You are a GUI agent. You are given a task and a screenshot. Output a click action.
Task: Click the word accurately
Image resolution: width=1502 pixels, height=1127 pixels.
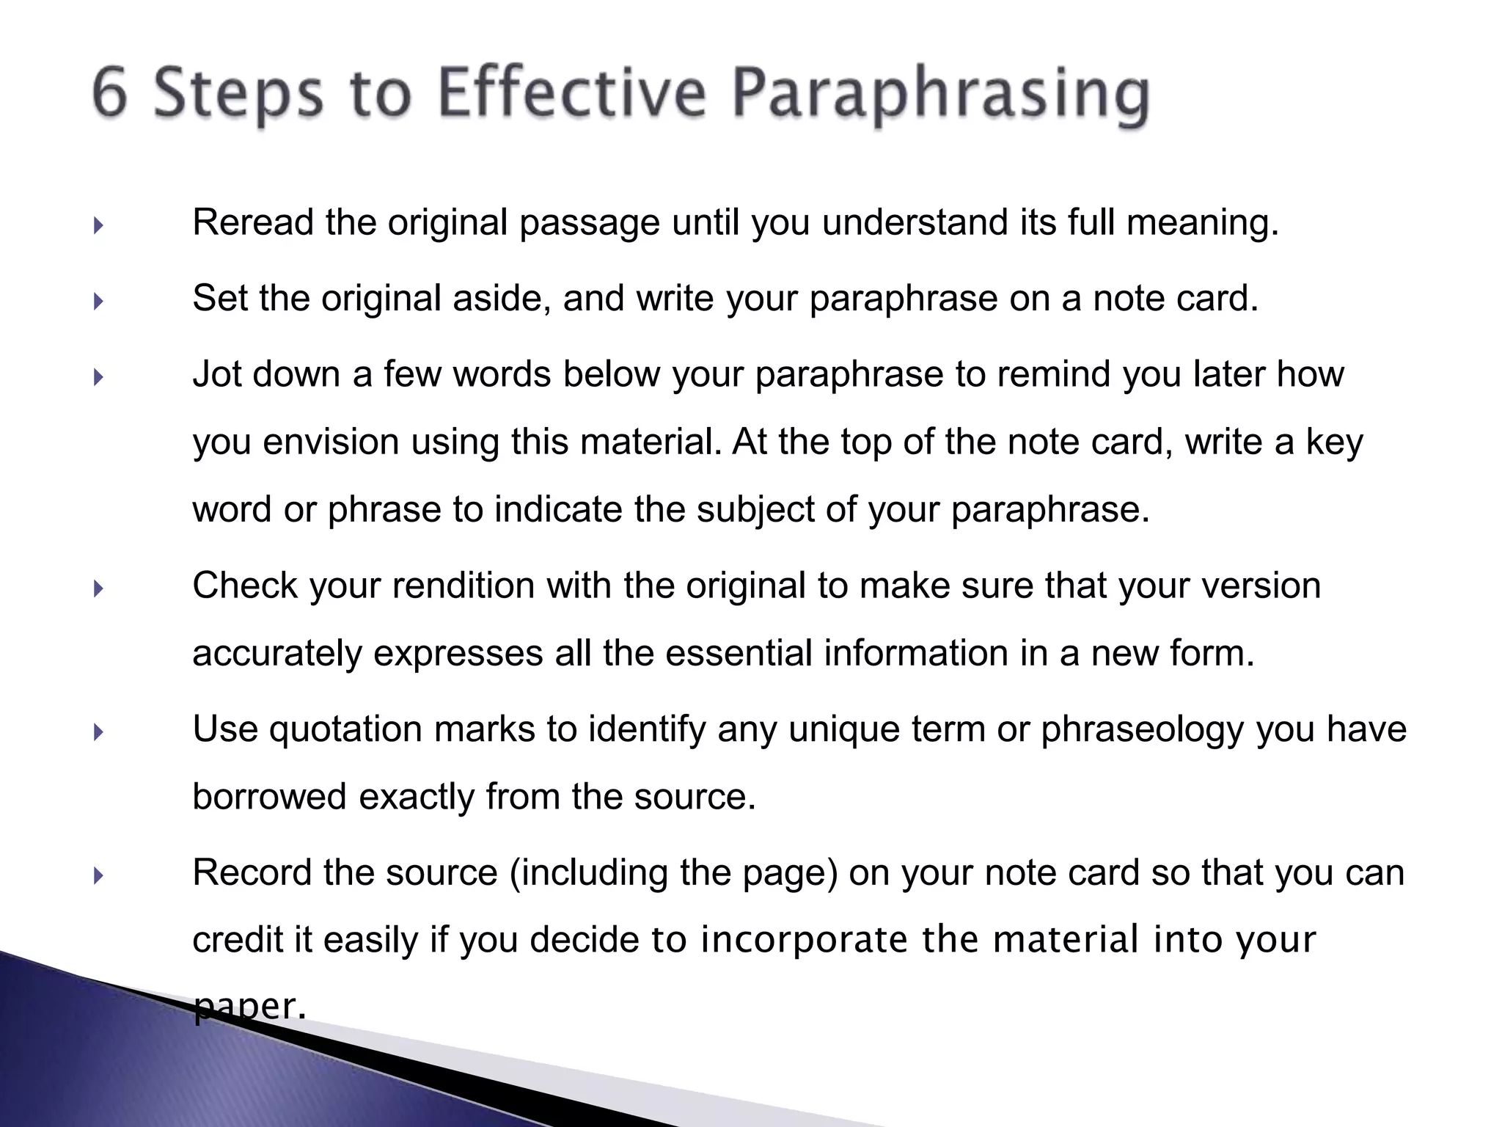click(x=277, y=654)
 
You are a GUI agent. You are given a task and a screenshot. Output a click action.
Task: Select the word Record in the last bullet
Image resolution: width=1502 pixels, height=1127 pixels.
click(x=252, y=872)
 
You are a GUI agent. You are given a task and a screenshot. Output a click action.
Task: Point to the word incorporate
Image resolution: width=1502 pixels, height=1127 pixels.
click(x=805, y=941)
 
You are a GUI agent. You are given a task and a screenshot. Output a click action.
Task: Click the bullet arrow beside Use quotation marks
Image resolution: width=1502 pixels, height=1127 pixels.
click(x=98, y=732)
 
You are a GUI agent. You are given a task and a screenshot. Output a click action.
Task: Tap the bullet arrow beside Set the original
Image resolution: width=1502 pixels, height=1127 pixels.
click(x=98, y=301)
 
